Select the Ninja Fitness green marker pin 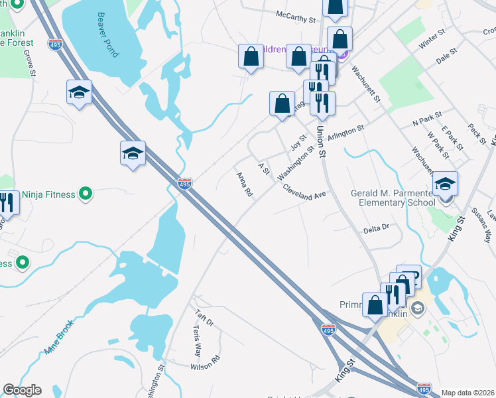coord(85,194)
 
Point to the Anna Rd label coord(245,184)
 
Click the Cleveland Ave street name coord(305,192)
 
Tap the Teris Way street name coord(197,340)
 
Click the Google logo coord(22,390)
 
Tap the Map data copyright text coord(468,393)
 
